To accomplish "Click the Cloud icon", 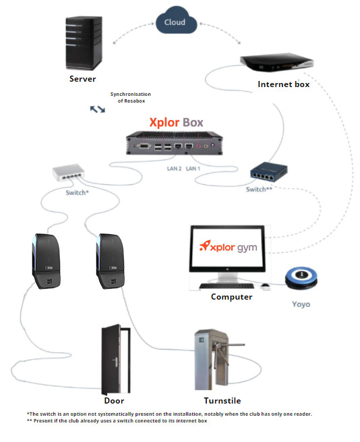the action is [x=176, y=20].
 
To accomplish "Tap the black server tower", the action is [x=84, y=43].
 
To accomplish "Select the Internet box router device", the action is [x=276, y=63].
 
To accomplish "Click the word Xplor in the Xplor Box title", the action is [x=164, y=122].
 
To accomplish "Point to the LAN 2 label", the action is [x=174, y=169].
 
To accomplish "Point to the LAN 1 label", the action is [x=193, y=169].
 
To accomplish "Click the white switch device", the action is [x=69, y=173].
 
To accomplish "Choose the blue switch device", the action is [x=269, y=171].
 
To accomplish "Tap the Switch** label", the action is [x=259, y=190].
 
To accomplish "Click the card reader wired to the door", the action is [x=47, y=261].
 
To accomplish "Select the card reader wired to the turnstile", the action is [x=110, y=261].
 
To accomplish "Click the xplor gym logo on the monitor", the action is [x=228, y=247].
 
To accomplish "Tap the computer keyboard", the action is [x=227, y=286].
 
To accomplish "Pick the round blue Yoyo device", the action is [x=301, y=278].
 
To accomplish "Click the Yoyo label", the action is [x=301, y=304].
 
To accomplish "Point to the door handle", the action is [x=115, y=362].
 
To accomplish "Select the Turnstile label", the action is [x=222, y=401].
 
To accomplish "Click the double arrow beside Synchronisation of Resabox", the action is [x=98, y=109].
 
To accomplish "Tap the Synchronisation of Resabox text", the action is [x=131, y=98].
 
